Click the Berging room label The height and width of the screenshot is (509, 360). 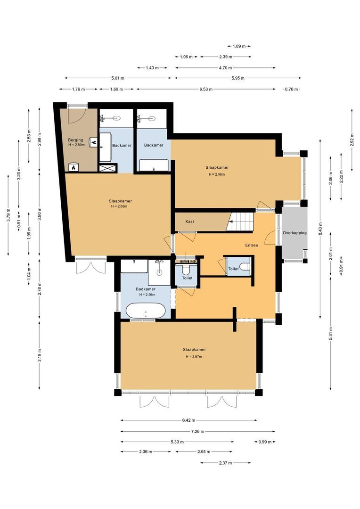pos(75,140)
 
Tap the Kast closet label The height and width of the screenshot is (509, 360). pos(189,222)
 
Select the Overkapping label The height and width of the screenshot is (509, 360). pos(295,233)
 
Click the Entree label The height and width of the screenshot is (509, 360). pos(252,245)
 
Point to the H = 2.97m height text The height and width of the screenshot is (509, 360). pos(194,356)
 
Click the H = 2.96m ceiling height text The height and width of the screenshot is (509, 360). pos(217,174)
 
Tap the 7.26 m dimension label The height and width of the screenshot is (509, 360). pos(198,431)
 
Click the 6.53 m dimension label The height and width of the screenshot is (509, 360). pos(206,89)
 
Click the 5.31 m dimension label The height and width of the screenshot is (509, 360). pos(331,334)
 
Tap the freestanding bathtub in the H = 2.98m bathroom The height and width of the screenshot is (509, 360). pos(146,311)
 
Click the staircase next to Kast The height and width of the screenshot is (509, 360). pos(240,222)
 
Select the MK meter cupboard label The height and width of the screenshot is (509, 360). pos(194,261)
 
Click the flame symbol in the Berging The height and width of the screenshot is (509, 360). pos(74,167)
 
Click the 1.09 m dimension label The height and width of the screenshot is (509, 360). pos(239,46)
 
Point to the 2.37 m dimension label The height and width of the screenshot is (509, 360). pos(226,463)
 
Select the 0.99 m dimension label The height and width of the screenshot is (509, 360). pos(265,442)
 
